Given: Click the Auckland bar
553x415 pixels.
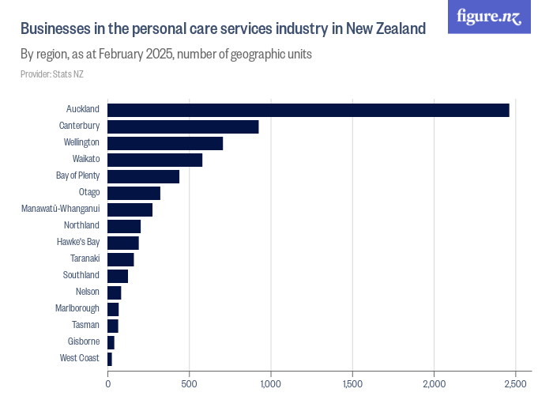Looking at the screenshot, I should tap(308, 110).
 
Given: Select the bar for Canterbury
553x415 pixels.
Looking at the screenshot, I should tap(183, 126).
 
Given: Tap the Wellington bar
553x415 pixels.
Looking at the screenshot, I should tap(165, 143).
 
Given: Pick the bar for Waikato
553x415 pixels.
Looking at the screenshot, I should tap(155, 160).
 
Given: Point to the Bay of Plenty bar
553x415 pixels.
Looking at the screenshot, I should tap(144, 176).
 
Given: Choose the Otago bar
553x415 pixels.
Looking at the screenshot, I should tap(134, 193).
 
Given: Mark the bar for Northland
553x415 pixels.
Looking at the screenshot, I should tap(124, 226).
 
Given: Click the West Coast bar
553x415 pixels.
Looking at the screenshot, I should tap(110, 359).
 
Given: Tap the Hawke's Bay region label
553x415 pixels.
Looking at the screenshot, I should tap(78, 242).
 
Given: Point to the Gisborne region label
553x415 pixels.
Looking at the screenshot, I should tap(84, 341).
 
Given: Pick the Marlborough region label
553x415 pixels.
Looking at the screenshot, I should tap(77, 308).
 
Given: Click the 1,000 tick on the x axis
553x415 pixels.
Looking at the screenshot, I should tap(271, 384).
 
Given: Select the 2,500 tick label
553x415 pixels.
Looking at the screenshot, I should tap(515, 384).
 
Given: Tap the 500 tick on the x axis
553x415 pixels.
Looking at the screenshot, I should tap(190, 384).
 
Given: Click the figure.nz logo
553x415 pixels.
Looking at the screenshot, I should tap(489, 17).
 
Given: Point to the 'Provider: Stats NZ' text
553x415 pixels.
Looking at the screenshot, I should tap(52, 74).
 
